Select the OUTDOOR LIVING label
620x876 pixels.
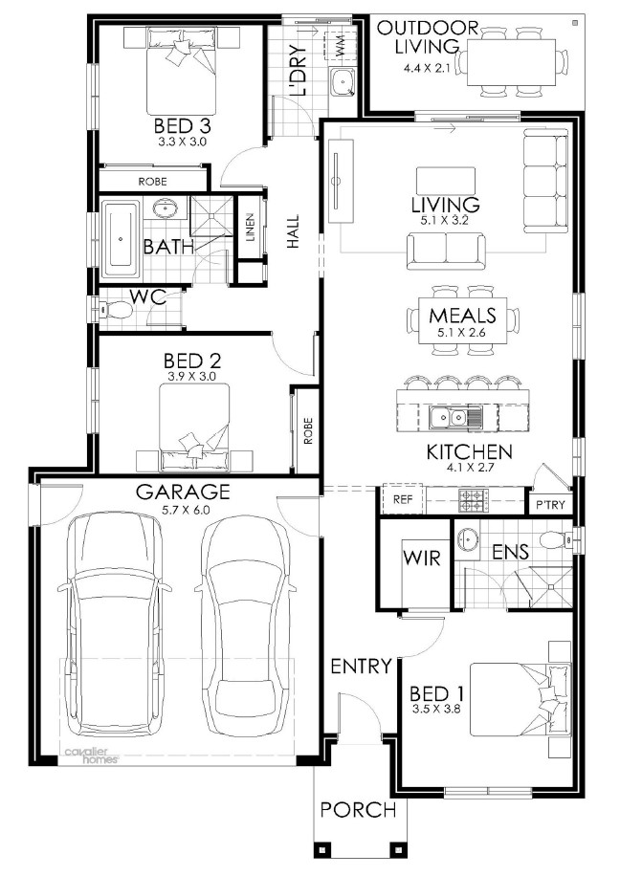click(427, 37)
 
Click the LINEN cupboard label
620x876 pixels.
click(249, 228)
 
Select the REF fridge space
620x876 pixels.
click(403, 499)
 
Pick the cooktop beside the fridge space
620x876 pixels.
click(474, 500)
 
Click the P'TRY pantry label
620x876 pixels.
click(551, 505)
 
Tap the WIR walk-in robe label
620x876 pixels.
click(422, 558)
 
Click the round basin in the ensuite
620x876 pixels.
click(467, 539)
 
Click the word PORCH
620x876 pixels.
click(359, 809)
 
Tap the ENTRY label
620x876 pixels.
click(361, 667)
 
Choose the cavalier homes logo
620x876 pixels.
click(92, 756)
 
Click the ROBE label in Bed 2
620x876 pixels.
click(308, 431)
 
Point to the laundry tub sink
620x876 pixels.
click(341, 83)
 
